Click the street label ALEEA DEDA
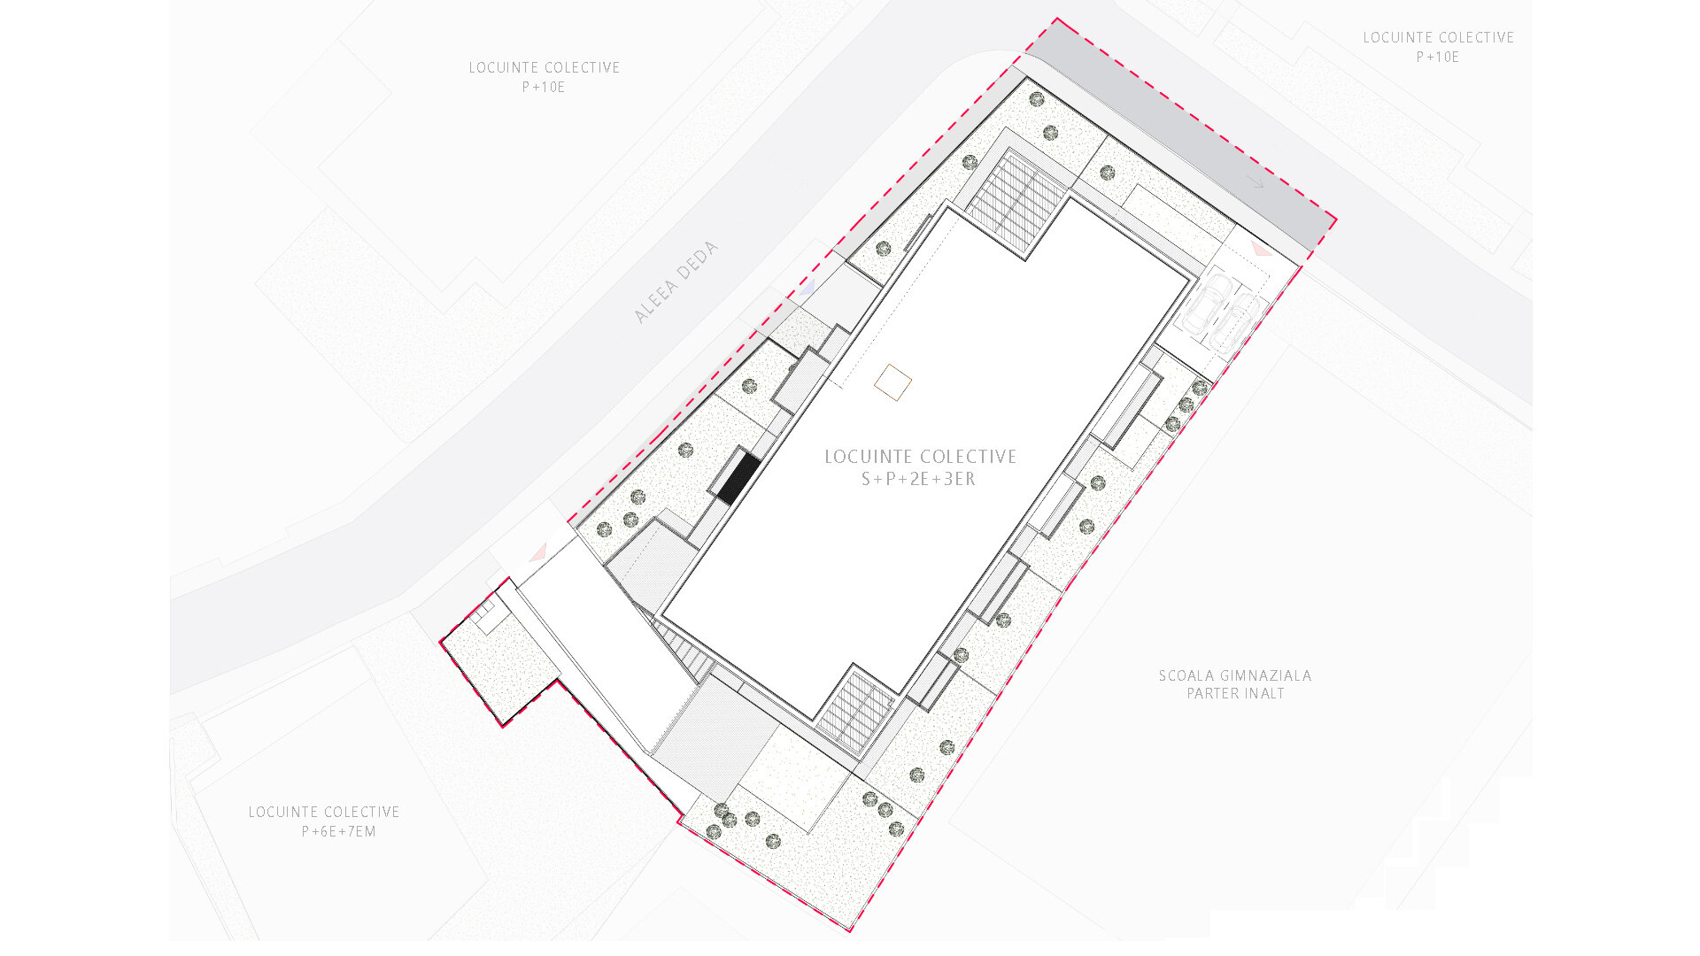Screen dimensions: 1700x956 coord(676,282)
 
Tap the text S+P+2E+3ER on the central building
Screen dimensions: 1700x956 coord(919,480)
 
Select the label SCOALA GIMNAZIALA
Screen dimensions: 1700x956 coord(1235,675)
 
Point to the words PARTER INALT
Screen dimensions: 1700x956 coord(1235,694)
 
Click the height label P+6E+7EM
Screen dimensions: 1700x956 coord(339,832)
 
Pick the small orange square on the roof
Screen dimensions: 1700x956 coord(892,382)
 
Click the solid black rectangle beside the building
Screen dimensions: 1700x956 coord(738,479)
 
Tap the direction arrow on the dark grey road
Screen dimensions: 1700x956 coord(1255,181)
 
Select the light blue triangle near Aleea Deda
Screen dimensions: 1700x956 coord(806,289)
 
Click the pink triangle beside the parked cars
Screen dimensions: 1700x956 coord(1261,251)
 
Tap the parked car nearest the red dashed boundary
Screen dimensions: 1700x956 coord(1237,324)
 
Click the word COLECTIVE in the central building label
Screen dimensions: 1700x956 coord(971,457)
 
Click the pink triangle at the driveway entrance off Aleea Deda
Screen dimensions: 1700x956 coord(537,554)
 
